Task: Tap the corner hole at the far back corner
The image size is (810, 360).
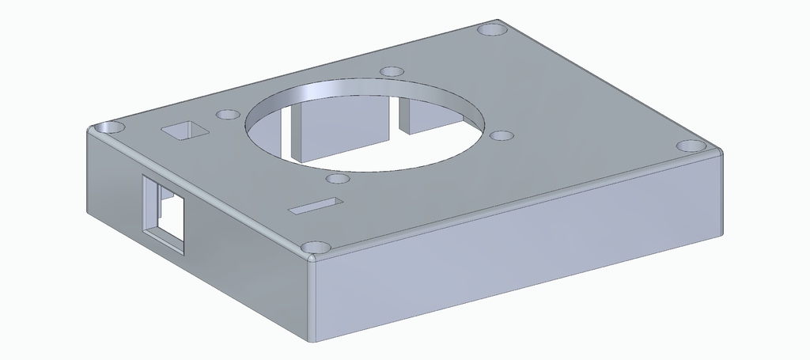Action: click(x=492, y=29)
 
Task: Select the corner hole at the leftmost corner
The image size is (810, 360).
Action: click(x=108, y=127)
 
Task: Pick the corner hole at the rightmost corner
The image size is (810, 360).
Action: click(x=690, y=147)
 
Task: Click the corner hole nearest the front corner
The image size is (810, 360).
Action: click(x=316, y=248)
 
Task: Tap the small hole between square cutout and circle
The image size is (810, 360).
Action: click(x=228, y=115)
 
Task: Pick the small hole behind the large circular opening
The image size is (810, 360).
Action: click(x=392, y=72)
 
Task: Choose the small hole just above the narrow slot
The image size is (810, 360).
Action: click(x=338, y=180)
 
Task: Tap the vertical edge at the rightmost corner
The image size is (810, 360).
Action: click(x=721, y=194)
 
